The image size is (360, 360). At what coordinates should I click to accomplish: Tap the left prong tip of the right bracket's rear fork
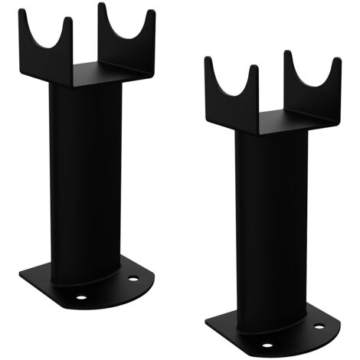pyautogui.click(x=288, y=54)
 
